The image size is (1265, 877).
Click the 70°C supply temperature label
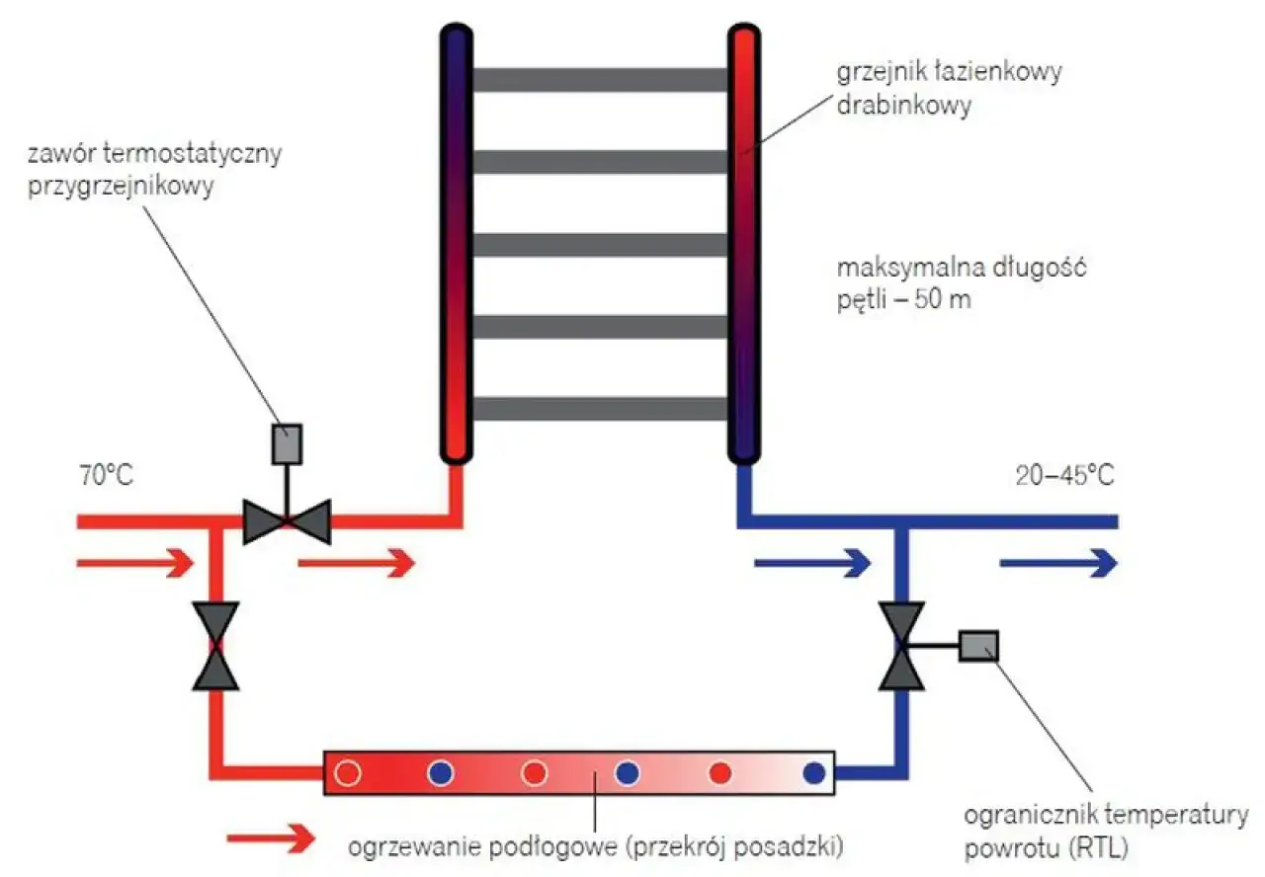coord(106,475)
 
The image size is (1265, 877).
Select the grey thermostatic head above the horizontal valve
coord(287,443)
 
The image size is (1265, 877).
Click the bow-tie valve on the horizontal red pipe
coord(287,520)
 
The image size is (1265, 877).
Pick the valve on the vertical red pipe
coord(214,646)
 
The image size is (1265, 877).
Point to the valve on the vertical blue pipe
coord(903,646)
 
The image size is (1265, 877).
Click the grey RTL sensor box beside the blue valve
coord(978,646)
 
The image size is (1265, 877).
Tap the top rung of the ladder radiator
coord(600,80)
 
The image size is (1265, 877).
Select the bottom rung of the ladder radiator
coord(600,408)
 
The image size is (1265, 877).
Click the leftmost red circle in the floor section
coord(347,773)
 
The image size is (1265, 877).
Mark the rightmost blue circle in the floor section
coord(814,773)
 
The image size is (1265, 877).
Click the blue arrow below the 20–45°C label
coord(1058,564)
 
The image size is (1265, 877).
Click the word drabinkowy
coord(902,105)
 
